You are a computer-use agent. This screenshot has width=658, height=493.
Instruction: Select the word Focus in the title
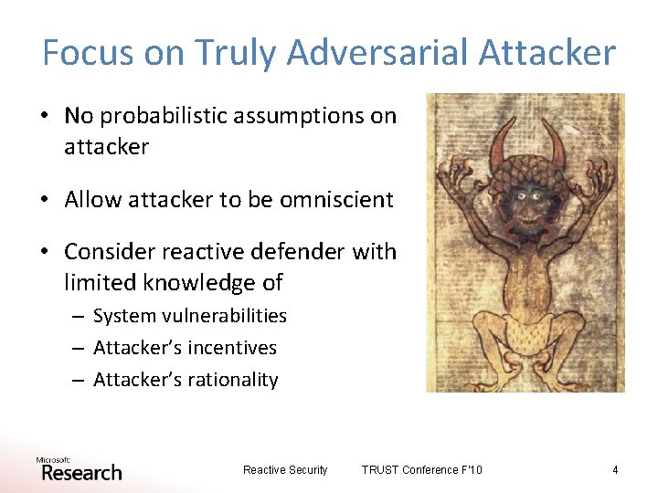coord(88,53)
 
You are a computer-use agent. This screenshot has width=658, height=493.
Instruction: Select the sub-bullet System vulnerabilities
coord(189,316)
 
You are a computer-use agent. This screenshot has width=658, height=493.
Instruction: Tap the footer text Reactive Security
coord(285,470)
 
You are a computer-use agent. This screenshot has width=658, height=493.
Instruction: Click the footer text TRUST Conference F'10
coord(421,470)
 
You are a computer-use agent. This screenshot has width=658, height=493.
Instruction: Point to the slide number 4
coord(615,470)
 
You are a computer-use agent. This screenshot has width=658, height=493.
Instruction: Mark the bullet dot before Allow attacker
coord(47,200)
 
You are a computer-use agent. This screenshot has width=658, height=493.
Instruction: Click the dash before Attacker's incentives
coord(80,349)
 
